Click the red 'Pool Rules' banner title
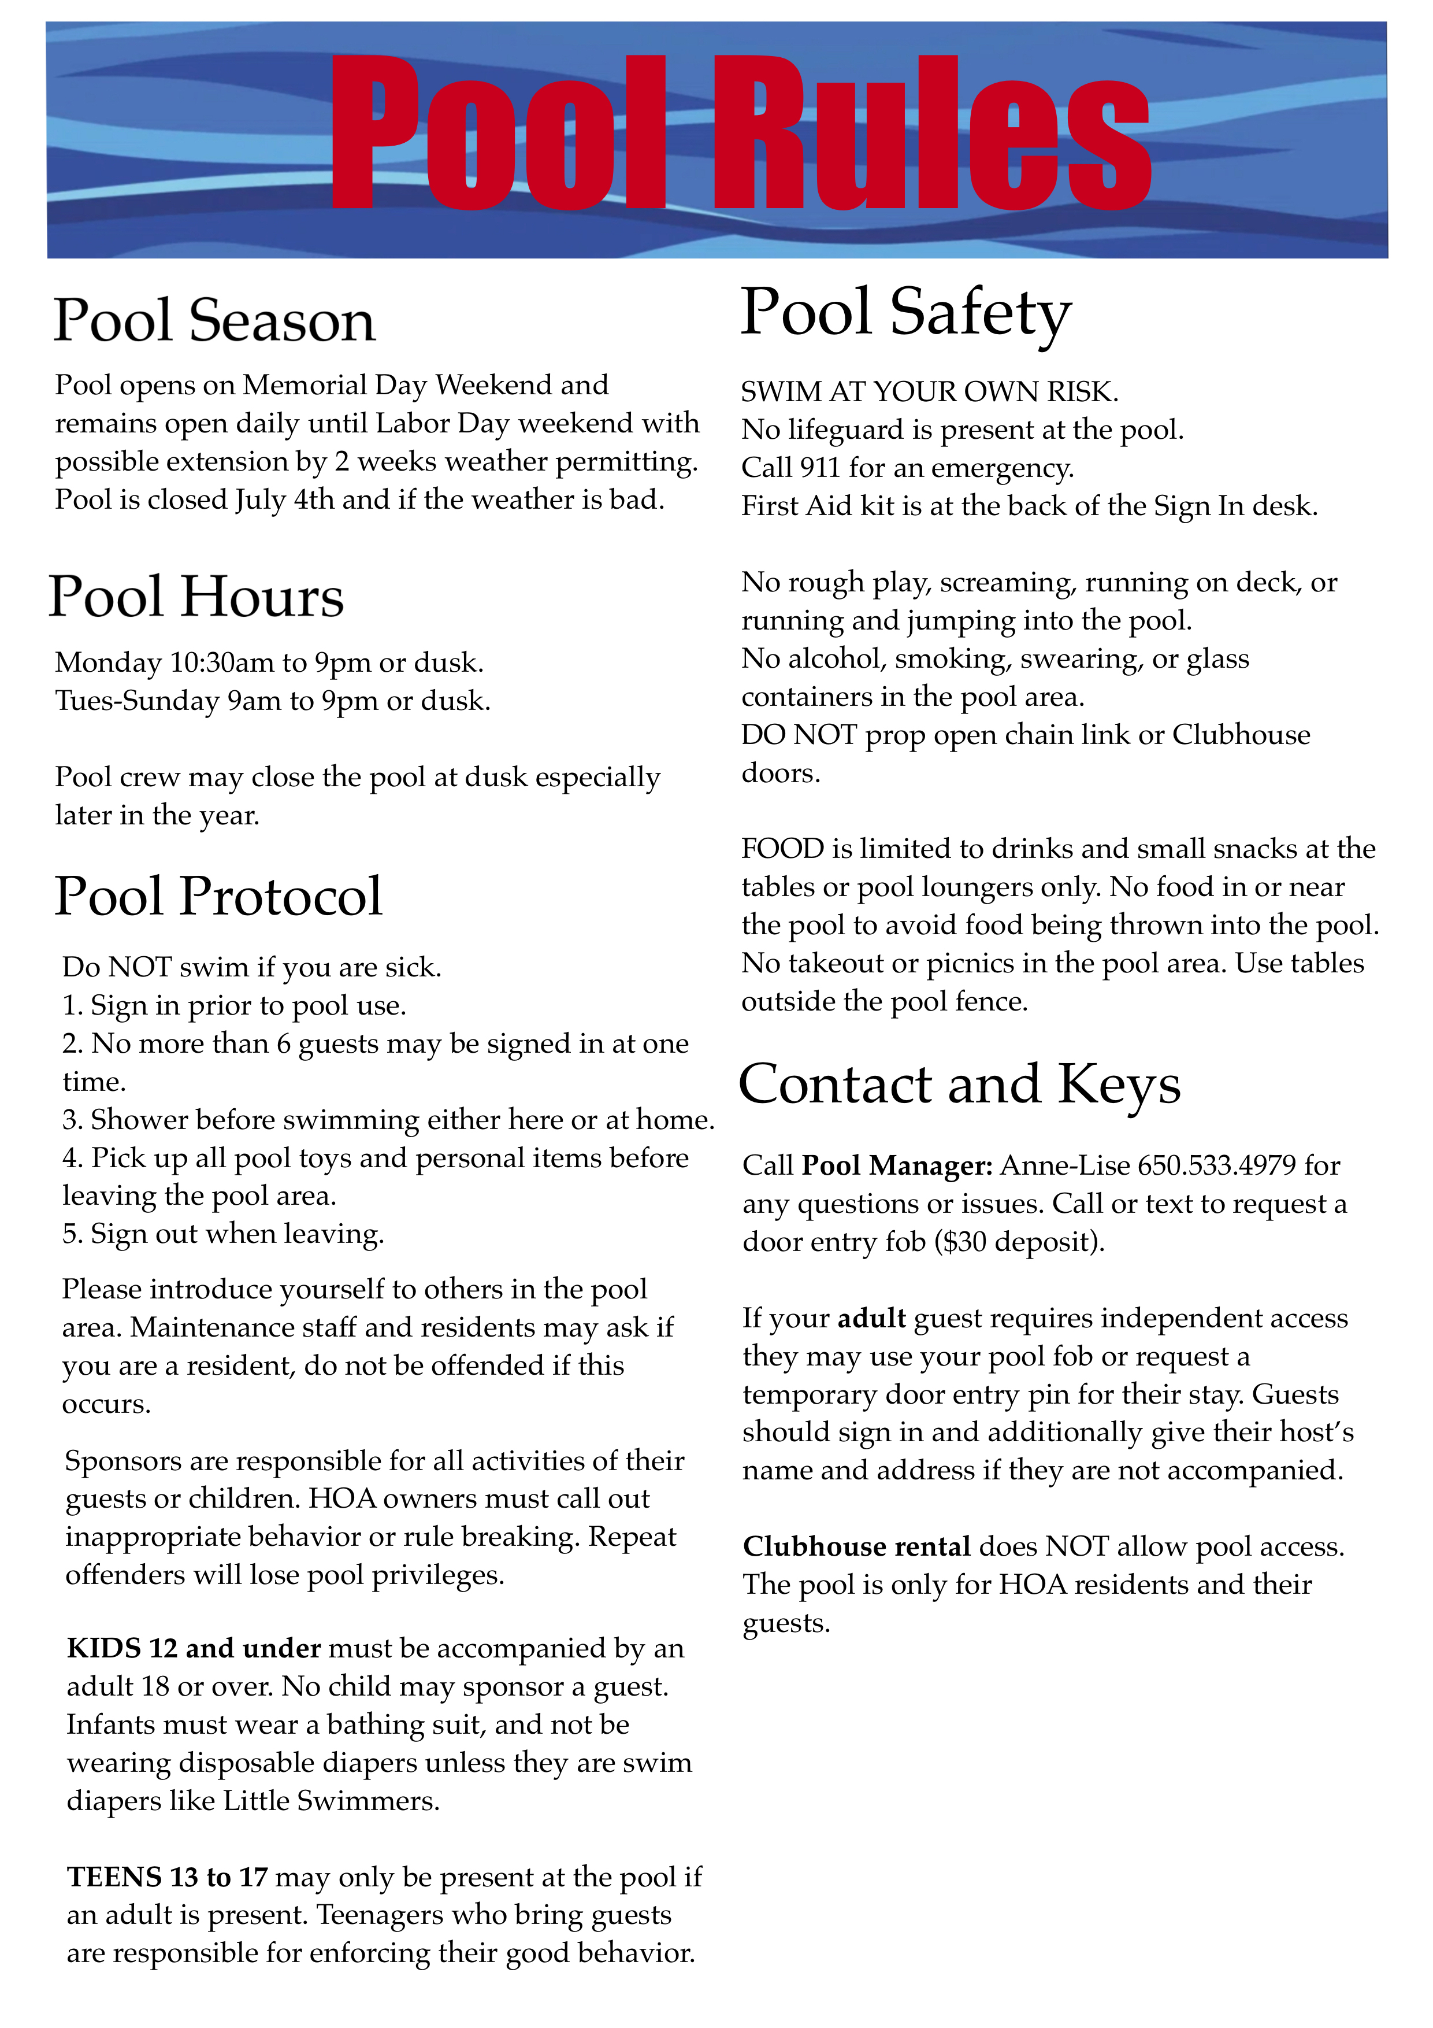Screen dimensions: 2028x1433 pos(740,132)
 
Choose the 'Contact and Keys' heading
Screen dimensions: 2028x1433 pos(959,1085)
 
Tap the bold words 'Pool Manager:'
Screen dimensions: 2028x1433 pos(896,1166)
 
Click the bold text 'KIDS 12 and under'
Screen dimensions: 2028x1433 pos(194,1648)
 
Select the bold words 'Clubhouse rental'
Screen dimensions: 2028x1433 pos(856,1546)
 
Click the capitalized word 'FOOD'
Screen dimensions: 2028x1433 pos(782,849)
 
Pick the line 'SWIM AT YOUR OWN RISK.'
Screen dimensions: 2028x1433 pos(929,391)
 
